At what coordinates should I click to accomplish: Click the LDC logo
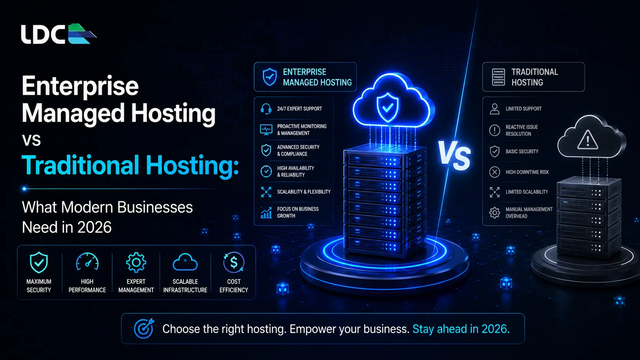click(59, 34)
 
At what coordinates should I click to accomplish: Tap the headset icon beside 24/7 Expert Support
click(266, 109)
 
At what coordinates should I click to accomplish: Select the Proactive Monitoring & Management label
click(302, 130)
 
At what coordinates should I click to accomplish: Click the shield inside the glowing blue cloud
click(388, 108)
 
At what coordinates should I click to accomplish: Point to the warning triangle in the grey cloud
click(588, 140)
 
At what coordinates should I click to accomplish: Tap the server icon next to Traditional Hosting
click(498, 77)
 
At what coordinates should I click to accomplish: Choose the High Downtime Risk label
click(527, 172)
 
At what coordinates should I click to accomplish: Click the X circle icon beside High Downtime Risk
click(495, 172)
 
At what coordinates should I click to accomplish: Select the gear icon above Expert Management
click(136, 262)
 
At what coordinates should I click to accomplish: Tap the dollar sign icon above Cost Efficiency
click(234, 262)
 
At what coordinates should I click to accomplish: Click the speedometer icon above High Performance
click(87, 262)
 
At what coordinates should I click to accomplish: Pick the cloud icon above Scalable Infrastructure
click(185, 262)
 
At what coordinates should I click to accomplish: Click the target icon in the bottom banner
click(144, 328)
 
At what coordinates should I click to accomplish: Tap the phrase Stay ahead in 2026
click(461, 329)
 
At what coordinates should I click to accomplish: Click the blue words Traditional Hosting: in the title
click(130, 165)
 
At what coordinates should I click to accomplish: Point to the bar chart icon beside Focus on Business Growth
click(266, 213)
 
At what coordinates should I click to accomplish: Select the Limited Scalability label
click(527, 192)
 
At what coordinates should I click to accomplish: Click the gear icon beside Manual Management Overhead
click(495, 213)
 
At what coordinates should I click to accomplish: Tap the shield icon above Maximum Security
click(39, 262)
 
